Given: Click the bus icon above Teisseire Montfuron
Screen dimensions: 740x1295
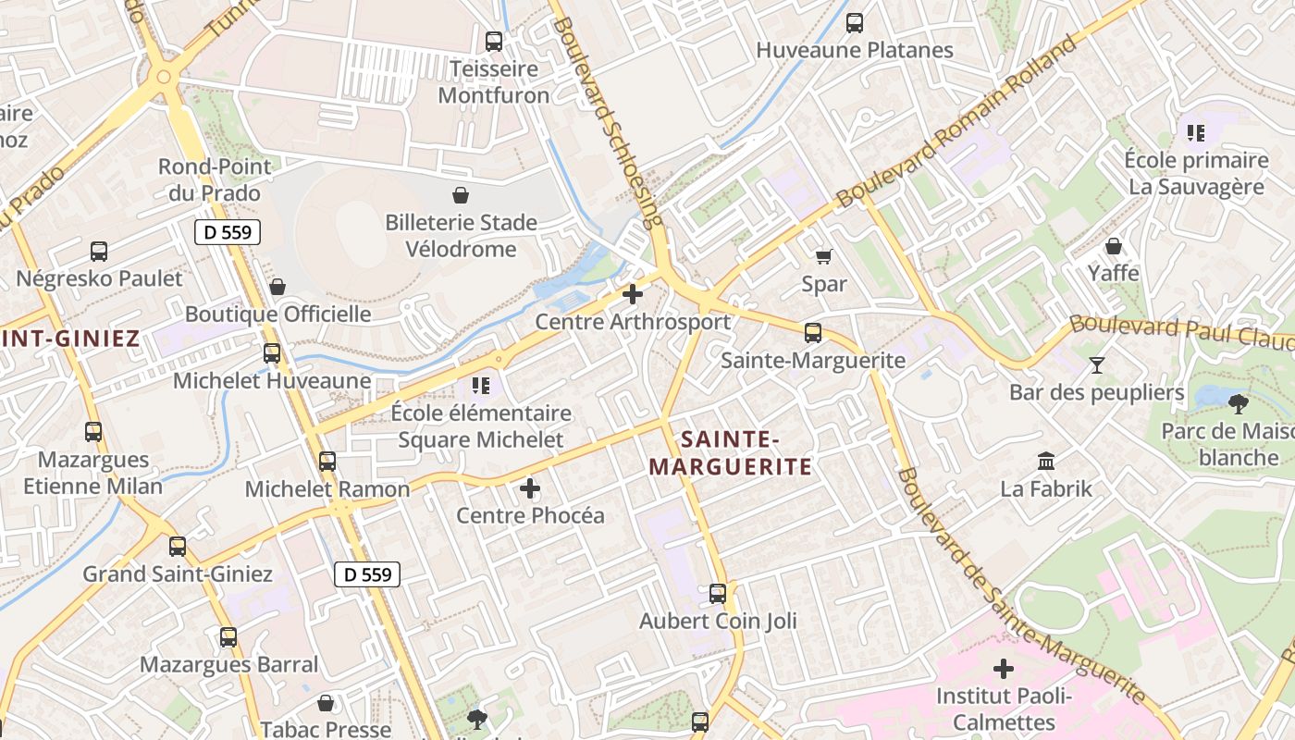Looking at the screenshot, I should (494, 42).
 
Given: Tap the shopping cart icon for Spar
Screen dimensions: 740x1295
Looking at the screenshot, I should (823, 256).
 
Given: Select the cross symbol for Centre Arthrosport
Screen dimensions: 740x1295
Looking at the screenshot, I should (633, 295).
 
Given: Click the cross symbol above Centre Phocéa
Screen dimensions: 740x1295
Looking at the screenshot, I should (530, 487).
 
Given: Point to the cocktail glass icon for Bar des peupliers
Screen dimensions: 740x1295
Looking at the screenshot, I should (1097, 364).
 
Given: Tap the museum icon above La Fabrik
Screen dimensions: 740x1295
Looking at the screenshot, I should (1046, 460).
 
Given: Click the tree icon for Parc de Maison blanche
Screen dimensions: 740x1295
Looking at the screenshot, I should (1238, 403).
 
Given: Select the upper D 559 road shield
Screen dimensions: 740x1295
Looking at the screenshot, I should (228, 232).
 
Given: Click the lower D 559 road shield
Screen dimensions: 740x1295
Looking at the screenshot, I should (367, 574).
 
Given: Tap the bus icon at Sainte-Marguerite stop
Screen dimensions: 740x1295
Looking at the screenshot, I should (813, 332).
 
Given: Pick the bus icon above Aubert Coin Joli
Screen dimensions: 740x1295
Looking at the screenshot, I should (718, 593).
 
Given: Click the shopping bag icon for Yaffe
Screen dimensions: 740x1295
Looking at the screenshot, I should (1114, 246).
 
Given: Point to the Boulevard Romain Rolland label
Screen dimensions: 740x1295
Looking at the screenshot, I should (956, 121).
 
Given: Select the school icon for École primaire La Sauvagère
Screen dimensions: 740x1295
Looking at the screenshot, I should (1196, 133).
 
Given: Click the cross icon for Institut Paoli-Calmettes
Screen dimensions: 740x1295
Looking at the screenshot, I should (1004, 668).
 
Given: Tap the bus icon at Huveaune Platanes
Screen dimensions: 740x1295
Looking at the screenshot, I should (855, 23).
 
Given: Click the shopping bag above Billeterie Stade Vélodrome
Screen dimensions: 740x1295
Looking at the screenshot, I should (461, 195).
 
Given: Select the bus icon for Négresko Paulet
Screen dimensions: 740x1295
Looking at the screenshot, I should (99, 251).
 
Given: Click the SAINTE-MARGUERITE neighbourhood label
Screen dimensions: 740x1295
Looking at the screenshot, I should (730, 452).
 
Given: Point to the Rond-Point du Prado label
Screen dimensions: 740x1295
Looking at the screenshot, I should (215, 179).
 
